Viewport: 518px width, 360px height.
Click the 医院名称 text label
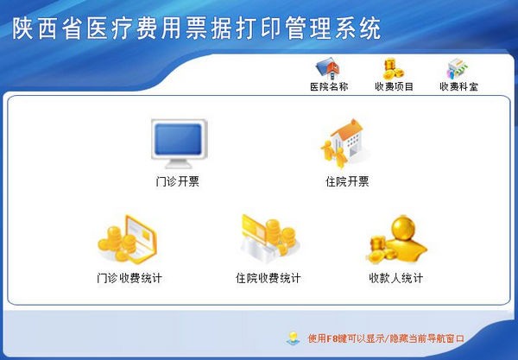(328, 86)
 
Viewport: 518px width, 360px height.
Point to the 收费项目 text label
(394, 86)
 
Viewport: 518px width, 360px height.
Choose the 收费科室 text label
(458, 86)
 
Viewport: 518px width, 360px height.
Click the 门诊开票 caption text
(178, 181)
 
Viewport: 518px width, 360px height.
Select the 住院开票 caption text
(347, 181)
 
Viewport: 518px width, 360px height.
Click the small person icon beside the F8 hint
(294, 338)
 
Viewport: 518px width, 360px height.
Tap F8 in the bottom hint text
(332, 338)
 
